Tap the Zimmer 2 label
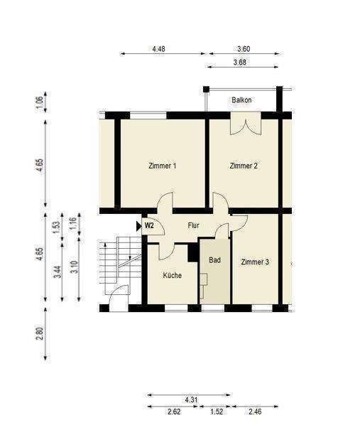[x=244, y=166]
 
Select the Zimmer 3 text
[x=255, y=262]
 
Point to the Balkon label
[x=241, y=100]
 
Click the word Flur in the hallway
[x=193, y=225]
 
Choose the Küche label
[x=172, y=275]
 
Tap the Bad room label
[x=214, y=260]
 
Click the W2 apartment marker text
[x=150, y=225]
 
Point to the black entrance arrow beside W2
[x=139, y=225]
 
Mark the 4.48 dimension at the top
[x=159, y=49]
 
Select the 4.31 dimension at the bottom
[x=191, y=399]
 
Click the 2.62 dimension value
[x=173, y=412]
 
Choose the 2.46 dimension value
[x=255, y=412]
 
